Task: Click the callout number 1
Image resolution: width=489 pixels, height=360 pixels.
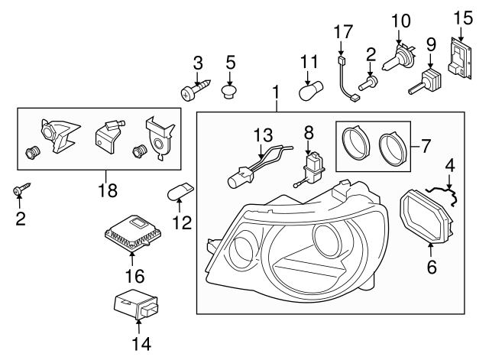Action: (275, 94)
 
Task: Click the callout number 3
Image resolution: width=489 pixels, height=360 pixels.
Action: (197, 61)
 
